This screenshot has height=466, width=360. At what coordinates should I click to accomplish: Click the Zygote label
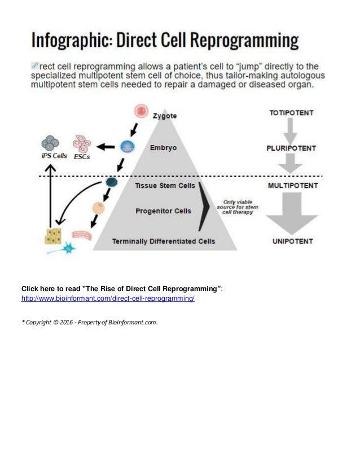tap(164, 116)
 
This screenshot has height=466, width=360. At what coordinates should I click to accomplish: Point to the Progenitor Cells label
tap(164, 211)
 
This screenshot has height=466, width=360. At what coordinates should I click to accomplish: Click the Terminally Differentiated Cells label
tap(163, 241)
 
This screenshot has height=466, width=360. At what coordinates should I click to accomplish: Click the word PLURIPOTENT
tap(292, 148)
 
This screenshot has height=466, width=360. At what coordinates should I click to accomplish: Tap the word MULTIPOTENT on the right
tap(292, 185)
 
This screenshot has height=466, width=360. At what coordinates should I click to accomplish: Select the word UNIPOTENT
tap(292, 241)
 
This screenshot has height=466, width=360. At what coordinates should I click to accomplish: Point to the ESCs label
tap(82, 157)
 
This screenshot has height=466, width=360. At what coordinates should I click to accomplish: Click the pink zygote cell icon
tap(141, 111)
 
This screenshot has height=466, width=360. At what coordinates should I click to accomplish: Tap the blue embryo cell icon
tap(126, 147)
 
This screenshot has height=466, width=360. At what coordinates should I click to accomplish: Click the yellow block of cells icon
tap(54, 236)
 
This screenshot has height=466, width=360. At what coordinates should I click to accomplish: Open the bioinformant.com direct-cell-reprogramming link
tap(108, 297)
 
